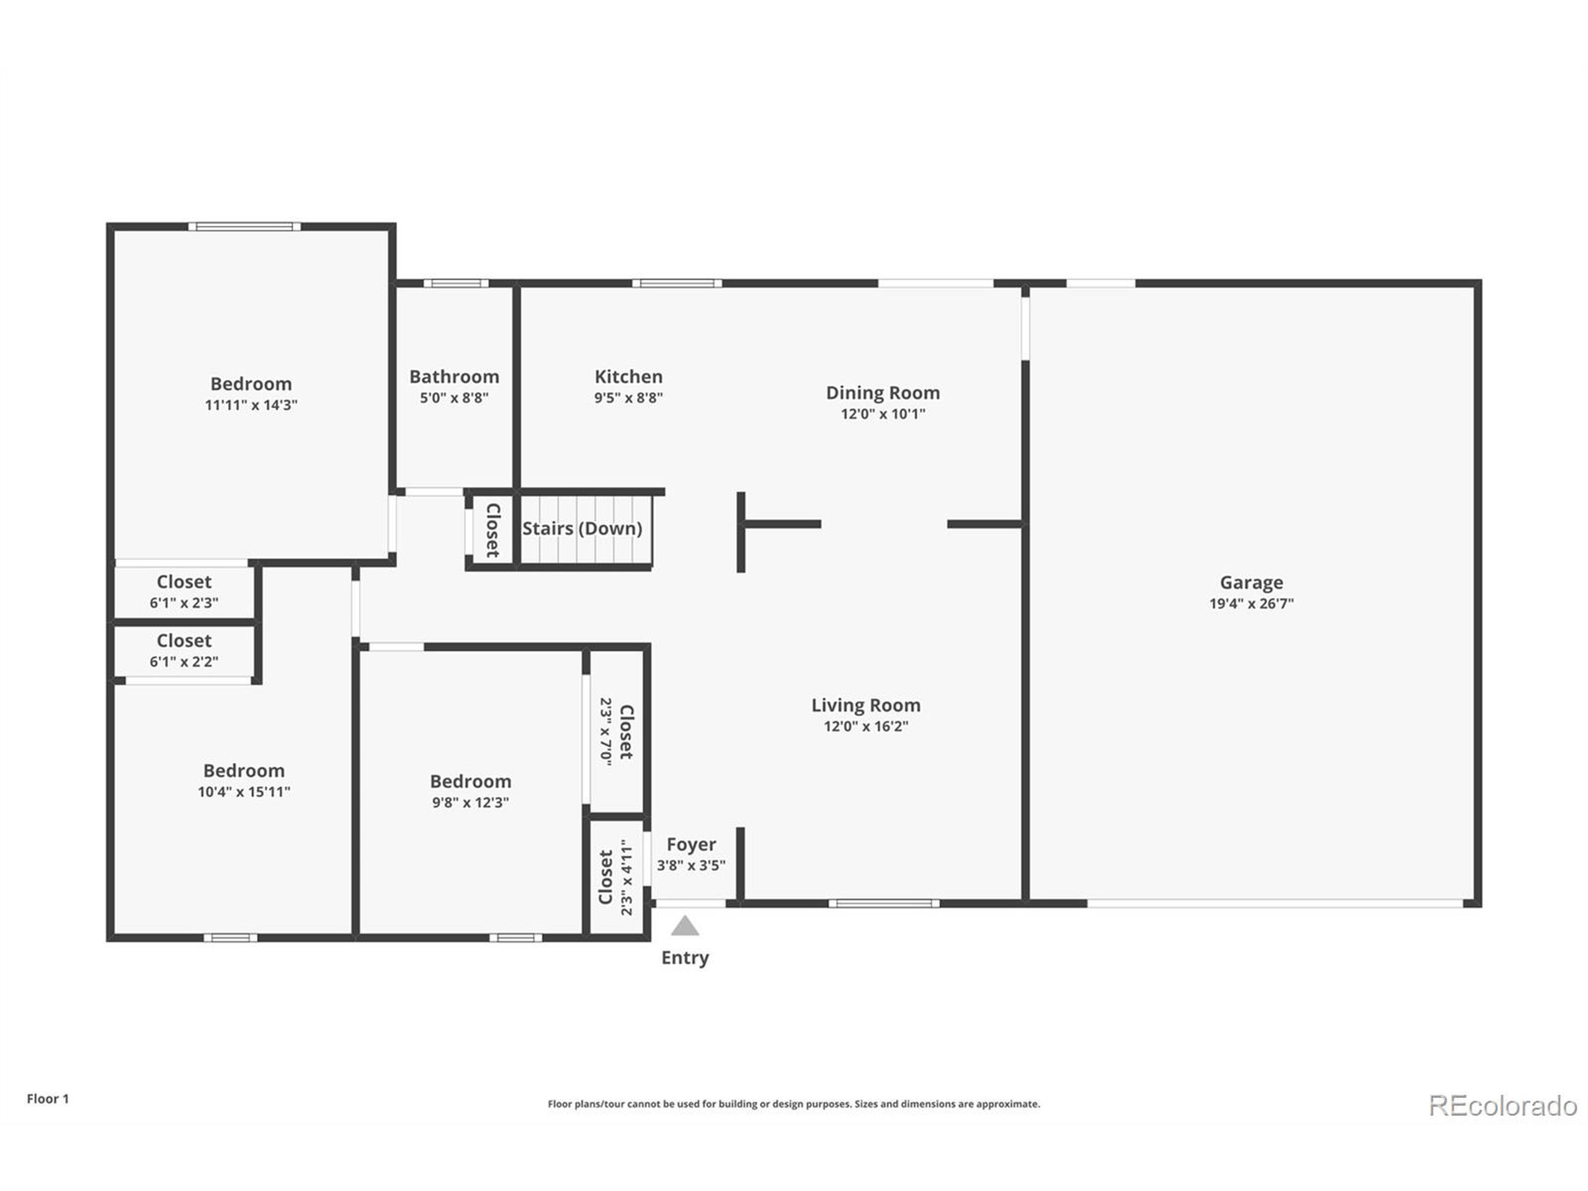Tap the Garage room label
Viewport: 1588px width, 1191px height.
coord(1251,582)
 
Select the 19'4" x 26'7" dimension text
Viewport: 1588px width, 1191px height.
coord(1251,604)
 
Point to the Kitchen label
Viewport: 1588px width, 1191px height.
coord(628,376)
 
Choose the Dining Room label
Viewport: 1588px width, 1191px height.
coord(882,393)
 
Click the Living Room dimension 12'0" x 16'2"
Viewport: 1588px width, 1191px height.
coord(865,726)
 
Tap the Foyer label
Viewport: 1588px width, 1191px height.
coord(690,844)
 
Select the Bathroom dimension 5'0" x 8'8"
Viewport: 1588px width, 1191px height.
coord(453,398)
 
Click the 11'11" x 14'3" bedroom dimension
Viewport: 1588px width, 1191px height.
coord(251,405)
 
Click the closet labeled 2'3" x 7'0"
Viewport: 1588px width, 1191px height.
coord(617,731)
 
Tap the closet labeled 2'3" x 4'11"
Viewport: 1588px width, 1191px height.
coord(616,877)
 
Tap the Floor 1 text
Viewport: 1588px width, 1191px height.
coord(47,1099)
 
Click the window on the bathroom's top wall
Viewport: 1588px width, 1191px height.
coord(455,283)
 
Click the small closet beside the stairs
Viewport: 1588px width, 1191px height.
coord(492,530)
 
